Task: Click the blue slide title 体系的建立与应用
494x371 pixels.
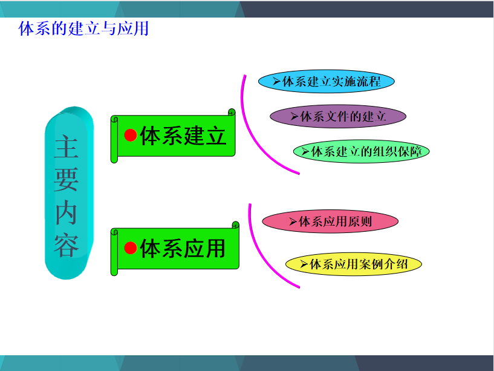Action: tap(83, 28)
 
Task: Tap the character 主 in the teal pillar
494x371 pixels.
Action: tap(66, 146)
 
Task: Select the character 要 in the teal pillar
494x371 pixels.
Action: tap(66, 179)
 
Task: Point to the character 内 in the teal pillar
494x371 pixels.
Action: tap(66, 212)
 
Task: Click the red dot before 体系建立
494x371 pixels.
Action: tap(131, 136)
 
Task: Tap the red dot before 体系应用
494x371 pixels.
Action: tap(131, 248)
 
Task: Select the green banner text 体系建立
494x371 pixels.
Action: tap(183, 136)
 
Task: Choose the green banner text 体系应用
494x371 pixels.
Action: tap(183, 249)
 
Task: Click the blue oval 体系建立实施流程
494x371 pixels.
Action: tap(327, 81)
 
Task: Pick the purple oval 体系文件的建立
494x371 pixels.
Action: tap(338, 116)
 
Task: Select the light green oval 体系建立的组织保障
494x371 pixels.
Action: tap(362, 151)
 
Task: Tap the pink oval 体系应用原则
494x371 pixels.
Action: tap(330, 222)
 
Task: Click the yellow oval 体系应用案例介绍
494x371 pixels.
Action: tap(354, 264)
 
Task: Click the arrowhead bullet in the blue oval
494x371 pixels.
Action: tap(276, 82)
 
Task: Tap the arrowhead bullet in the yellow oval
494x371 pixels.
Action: tap(304, 264)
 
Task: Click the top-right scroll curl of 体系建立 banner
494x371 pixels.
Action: tap(232, 113)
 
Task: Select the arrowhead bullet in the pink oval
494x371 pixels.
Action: tap(293, 222)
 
